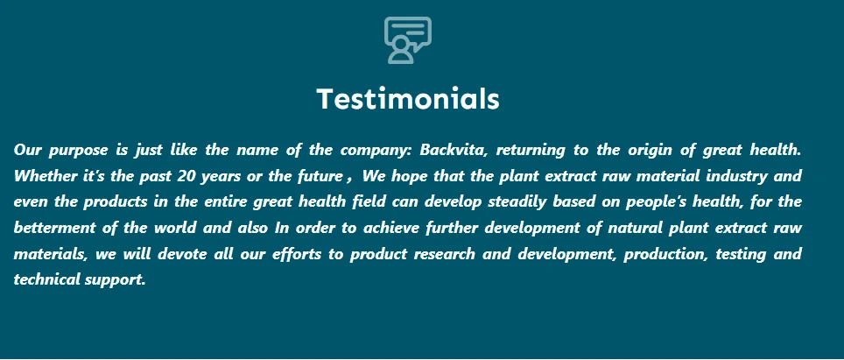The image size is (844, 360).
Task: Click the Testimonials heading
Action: (408, 99)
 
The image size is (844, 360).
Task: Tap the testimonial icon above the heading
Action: (407, 40)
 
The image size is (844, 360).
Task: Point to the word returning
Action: (531, 151)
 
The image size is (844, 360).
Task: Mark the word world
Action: (175, 228)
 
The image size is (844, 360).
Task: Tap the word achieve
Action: (391, 228)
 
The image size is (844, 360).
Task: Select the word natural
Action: (635, 228)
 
